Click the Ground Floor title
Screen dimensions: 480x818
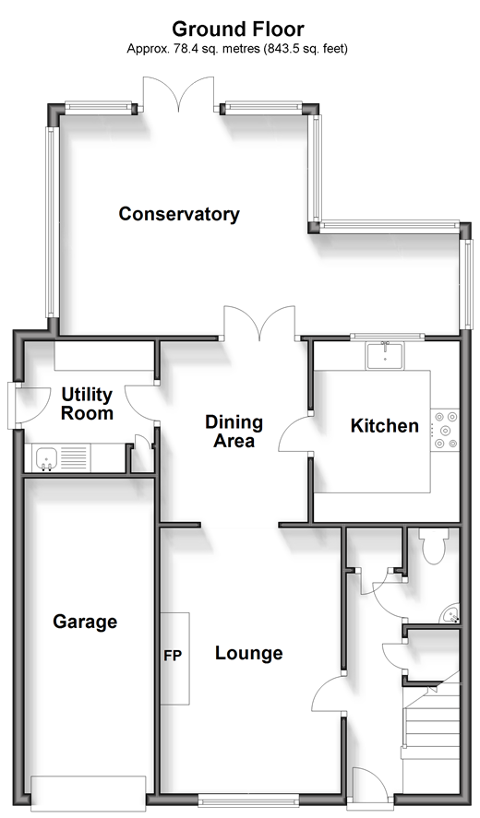tap(237, 29)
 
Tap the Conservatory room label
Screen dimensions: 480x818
tap(179, 214)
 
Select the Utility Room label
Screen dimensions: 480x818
tap(87, 404)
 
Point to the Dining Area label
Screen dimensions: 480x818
tap(234, 432)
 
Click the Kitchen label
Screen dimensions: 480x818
tap(384, 426)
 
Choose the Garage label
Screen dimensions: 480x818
tap(85, 622)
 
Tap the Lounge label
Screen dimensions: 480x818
tap(248, 653)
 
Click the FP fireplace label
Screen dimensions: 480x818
tap(173, 656)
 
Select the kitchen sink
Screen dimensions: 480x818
tap(384, 356)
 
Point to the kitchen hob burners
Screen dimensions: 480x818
tap(445, 430)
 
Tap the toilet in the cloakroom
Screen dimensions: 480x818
tap(433, 545)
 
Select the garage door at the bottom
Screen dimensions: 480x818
tap(88, 791)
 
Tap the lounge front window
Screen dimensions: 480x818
tap(248, 799)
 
